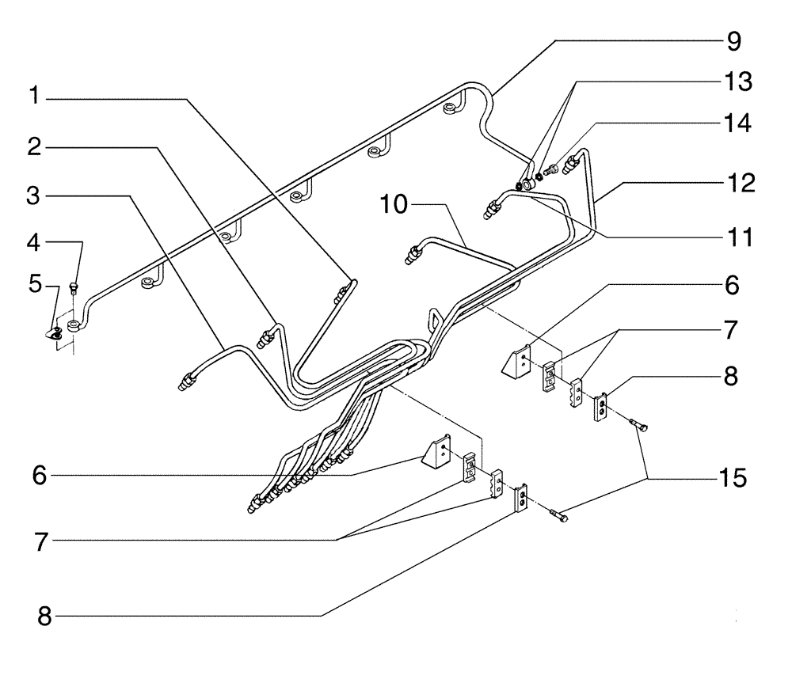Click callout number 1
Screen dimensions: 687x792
pyautogui.click(x=34, y=98)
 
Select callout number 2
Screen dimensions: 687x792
pyautogui.click(x=34, y=146)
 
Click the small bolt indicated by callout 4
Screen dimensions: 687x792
pyautogui.click(x=74, y=287)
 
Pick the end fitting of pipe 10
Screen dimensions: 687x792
pyautogui.click(x=413, y=255)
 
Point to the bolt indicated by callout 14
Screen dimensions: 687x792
pyautogui.click(x=554, y=169)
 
